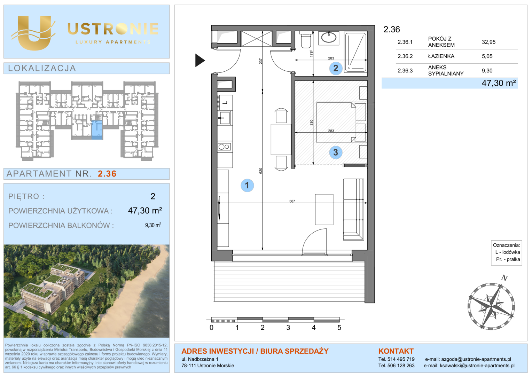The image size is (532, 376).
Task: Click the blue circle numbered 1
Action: [247, 185]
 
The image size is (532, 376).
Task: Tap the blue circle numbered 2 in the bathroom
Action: [336, 68]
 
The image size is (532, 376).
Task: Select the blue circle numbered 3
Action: [336, 152]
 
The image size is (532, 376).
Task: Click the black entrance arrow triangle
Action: [200, 60]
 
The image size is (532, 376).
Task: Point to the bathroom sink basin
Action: [329, 38]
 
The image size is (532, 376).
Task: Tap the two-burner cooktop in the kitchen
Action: [224, 147]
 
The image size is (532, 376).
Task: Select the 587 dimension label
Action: [292, 201]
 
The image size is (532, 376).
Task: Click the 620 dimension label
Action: [260, 171]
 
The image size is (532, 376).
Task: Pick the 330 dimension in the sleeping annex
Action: [311, 123]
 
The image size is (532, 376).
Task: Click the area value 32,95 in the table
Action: [488, 42]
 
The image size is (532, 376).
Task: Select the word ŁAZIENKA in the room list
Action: [441, 56]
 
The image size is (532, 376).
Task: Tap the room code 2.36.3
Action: [405, 71]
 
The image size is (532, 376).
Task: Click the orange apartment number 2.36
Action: [107, 174]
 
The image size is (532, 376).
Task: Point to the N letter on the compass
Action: [504, 278]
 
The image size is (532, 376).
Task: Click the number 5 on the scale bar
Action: [339, 328]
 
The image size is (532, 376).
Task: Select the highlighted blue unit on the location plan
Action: [97, 130]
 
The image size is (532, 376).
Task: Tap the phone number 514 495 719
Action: [401, 359]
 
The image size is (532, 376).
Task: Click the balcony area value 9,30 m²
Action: [153, 225]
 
